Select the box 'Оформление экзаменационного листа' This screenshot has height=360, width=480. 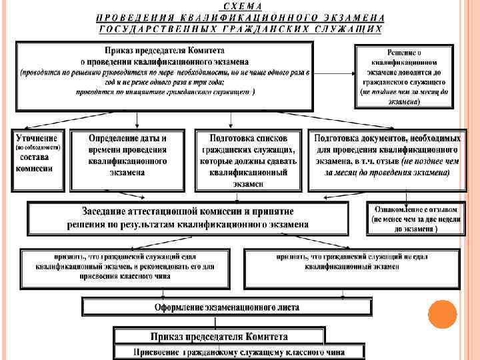coord(227,307)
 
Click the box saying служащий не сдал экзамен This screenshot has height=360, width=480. coord(352,261)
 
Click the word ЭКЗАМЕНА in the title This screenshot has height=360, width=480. coord(349,17)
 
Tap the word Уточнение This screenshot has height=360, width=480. coord(37,137)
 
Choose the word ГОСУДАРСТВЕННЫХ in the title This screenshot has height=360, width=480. coord(154,29)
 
